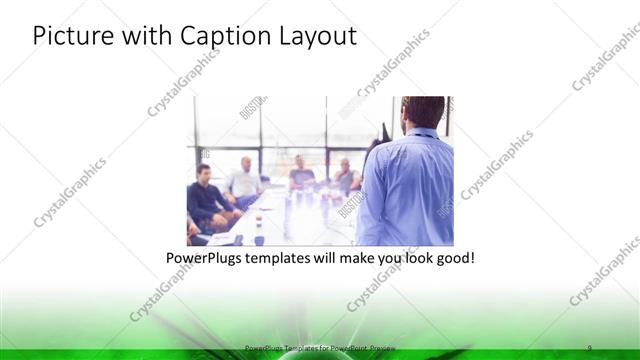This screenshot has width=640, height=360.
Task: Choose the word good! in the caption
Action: point(453,258)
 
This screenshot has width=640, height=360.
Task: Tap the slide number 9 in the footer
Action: point(589,347)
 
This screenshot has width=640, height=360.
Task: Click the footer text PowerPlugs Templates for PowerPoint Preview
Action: point(319,347)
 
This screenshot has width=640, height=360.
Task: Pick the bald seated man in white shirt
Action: point(244,180)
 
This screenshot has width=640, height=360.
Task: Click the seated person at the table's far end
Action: point(301,173)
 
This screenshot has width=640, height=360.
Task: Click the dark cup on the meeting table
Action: point(259,237)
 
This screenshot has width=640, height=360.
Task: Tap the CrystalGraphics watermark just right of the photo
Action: point(497,165)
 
